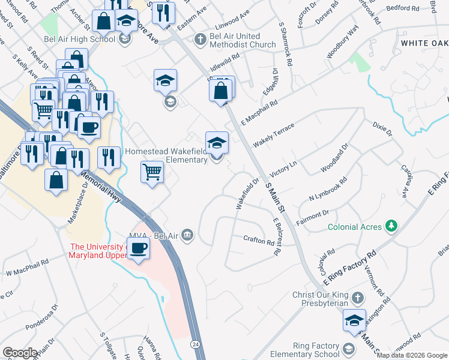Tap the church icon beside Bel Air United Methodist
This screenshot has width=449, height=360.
(x=200, y=40)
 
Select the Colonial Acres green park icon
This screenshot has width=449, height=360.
(x=391, y=226)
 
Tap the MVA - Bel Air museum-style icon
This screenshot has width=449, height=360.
(x=187, y=235)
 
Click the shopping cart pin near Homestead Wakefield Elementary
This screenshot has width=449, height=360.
(x=152, y=173)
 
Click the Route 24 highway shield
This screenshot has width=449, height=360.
(x=196, y=344)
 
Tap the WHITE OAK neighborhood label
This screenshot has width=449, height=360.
(x=424, y=43)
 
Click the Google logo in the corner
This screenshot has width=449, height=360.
(x=20, y=353)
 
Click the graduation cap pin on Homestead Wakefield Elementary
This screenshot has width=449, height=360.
(x=217, y=143)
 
